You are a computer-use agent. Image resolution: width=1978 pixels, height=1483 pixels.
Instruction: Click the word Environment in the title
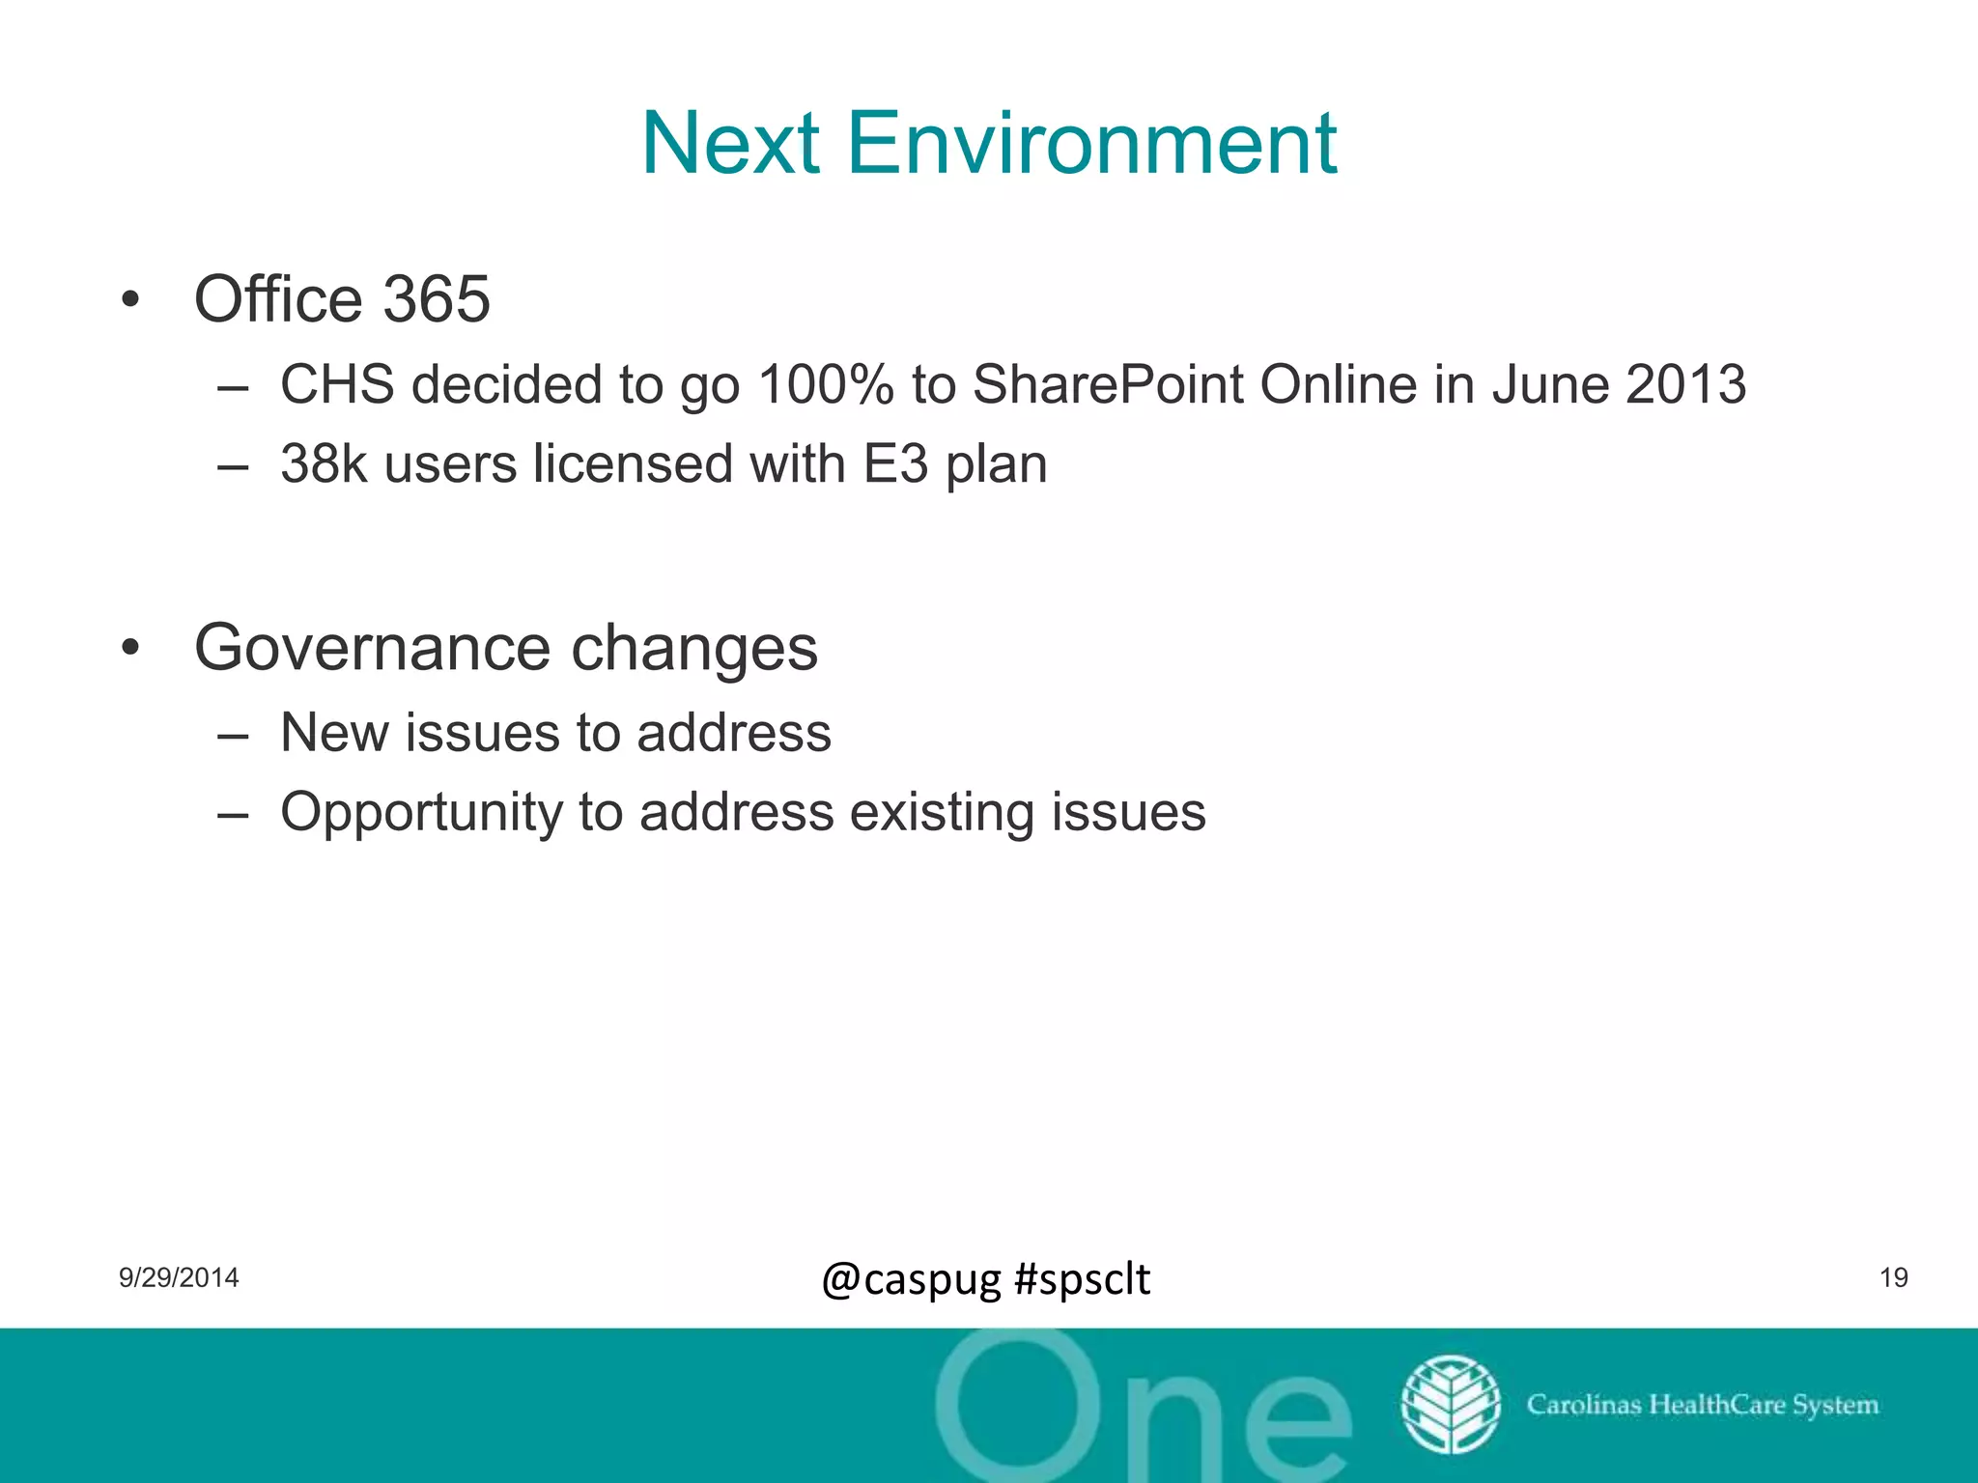tap(1091, 145)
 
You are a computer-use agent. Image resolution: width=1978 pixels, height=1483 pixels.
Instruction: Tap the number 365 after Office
tap(437, 299)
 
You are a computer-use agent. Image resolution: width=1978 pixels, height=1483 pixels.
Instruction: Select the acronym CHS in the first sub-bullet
tap(337, 384)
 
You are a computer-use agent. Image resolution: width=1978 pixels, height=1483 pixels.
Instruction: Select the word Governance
tap(372, 648)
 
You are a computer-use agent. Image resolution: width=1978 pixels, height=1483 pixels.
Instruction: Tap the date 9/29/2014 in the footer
tap(179, 1278)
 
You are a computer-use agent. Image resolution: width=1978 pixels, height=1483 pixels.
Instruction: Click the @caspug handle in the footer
tap(912, 1280)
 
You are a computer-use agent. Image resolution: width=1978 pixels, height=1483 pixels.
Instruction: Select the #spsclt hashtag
tap(1083, 1280)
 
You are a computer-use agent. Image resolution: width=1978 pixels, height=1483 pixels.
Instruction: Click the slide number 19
tap(1893, 1278)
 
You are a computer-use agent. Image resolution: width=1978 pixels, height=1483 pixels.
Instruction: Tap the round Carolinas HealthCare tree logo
tap(1450, 1405)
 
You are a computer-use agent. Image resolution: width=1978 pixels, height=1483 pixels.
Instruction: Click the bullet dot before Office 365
tap(131, 299)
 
